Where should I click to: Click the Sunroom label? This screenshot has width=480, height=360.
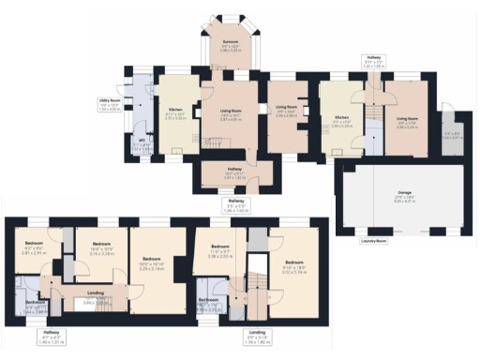[231, 42]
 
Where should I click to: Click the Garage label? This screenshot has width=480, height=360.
[405, 196]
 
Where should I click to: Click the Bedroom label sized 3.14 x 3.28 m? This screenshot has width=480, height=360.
[101, 247]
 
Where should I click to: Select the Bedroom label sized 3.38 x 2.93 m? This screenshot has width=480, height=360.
[218, 249]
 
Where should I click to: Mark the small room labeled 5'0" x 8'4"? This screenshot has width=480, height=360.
[452, 133]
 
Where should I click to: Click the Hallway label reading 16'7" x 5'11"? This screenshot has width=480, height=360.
[234, 173]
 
